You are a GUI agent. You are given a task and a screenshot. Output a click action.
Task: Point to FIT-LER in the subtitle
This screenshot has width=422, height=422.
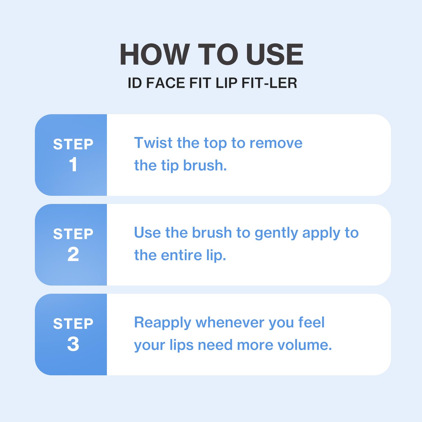click(x=269, y=83)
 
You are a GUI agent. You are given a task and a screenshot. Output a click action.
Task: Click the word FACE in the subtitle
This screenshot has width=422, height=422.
click(x=165, y=83)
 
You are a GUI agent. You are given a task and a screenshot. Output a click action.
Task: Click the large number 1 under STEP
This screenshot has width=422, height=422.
click(x=73, y=164)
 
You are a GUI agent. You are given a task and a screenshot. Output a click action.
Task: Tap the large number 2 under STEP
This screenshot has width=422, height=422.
click(x=73, y=254)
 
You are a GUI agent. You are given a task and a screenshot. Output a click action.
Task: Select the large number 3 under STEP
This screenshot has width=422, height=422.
click(x=73, y=344)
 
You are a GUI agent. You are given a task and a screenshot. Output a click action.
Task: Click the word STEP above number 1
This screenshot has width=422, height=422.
click(x=73, y=144)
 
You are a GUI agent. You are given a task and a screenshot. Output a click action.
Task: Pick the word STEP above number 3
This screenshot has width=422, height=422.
click(x=73, y=324)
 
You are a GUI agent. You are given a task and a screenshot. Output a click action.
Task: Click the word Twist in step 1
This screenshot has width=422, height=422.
click(x=153, y=143)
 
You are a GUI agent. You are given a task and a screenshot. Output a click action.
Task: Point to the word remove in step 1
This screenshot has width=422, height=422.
click(x=276, y=143)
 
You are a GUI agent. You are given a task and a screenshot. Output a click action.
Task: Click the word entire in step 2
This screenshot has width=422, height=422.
click(x=181, y=255)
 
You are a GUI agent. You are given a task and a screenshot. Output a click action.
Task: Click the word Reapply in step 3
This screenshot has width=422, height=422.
click(x=163, y=323)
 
